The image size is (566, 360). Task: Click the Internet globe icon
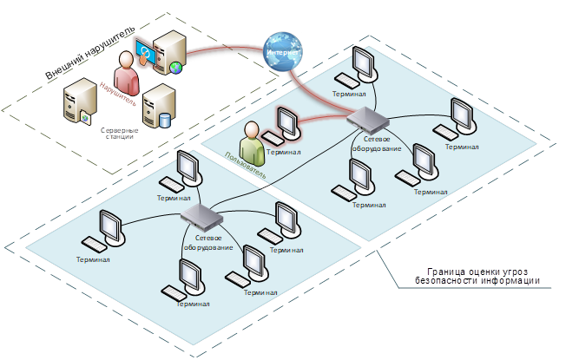click(x=284, y=50)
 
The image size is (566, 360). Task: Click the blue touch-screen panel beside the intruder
click(x=145, y=54)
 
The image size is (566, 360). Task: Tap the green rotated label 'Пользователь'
click(x=242, y=166)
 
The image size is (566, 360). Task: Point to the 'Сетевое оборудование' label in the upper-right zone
click(x=376, y=144)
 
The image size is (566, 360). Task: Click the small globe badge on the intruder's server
click(x=176, y=68)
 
